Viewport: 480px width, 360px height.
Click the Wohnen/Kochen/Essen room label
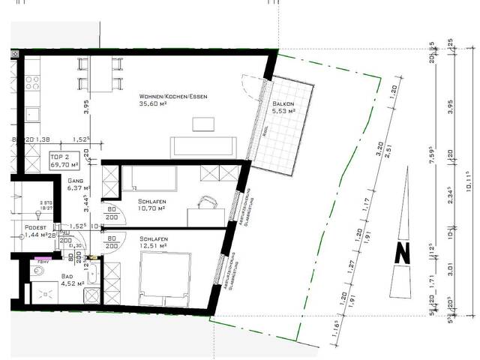(x=172, y=97)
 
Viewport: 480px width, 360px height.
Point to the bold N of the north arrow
(x=403, y=253)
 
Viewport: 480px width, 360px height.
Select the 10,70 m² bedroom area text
(x=154, y=210)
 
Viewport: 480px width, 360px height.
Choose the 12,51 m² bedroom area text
(x=154, y=244)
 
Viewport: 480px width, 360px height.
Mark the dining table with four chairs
(x=99, y=73)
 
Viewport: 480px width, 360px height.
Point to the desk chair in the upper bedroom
(x=205, y=202)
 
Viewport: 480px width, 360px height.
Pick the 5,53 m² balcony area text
(x=282, y=111)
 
